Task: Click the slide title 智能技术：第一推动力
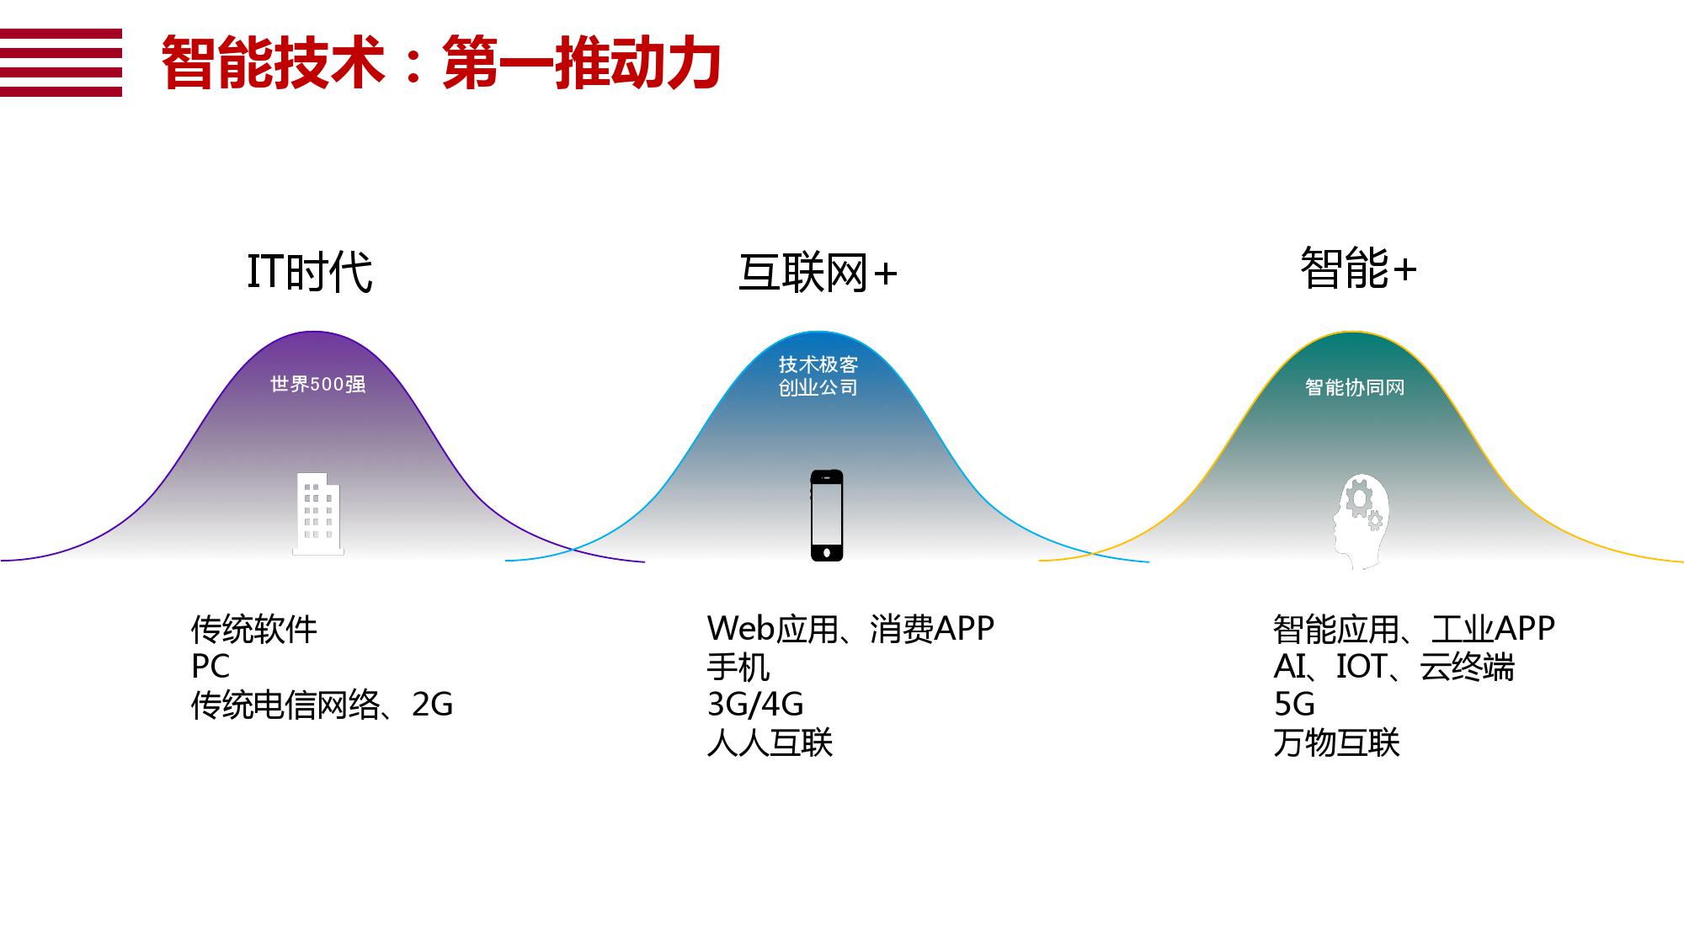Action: [440, 62]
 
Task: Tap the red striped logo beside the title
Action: [61, 62]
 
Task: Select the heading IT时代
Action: [310, 272]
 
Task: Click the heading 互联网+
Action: [818, 273]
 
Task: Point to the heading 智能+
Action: [1358, 269]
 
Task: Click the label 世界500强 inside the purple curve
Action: [318, 384]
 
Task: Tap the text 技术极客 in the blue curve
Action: [818, 364]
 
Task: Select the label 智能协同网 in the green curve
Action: [1355, 387]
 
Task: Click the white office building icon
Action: [318, 513]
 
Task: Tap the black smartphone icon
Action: [827, 515]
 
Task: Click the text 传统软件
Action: [254, 629]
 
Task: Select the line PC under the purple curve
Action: [210, 667]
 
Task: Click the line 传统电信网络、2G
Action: [322, 705]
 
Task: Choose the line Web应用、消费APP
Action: [850, 629]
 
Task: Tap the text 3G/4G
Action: [755, 705]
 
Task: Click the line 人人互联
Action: [770, 742]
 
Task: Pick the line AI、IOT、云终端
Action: [1394, 667]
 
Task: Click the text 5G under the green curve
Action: [1294, 705]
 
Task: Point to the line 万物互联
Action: [1337, 742]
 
